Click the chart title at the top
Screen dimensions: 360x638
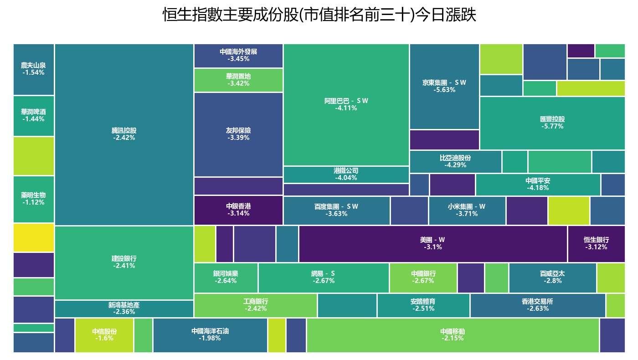319,15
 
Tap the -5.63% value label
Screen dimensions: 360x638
444,90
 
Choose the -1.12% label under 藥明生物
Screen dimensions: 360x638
33,203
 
